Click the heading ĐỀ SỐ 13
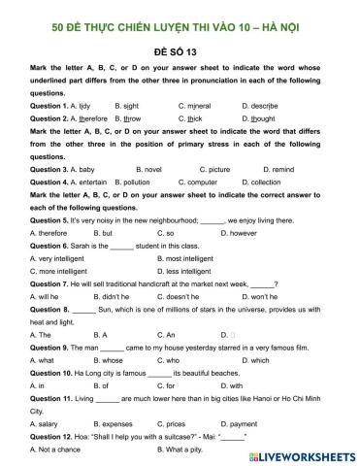point(181,49)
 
